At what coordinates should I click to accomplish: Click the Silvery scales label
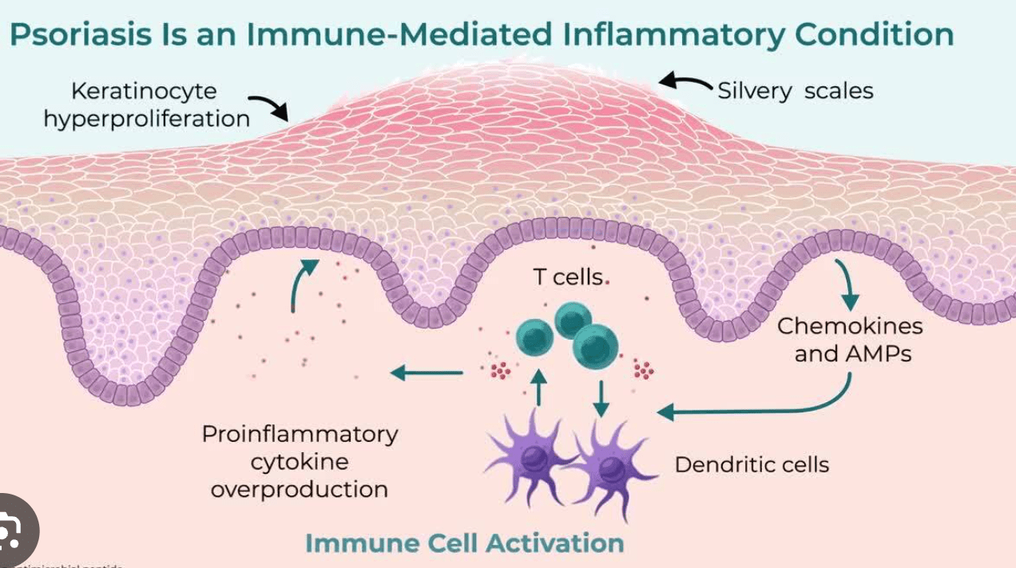796,91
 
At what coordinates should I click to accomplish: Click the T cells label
570,278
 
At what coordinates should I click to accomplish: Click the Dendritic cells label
752,464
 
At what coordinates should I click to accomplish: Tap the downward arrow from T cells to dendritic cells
601,397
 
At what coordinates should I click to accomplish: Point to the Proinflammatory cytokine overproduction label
300,462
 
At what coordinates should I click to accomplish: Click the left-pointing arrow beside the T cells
427,372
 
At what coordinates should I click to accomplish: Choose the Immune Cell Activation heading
464,544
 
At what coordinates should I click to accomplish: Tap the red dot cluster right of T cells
643,369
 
